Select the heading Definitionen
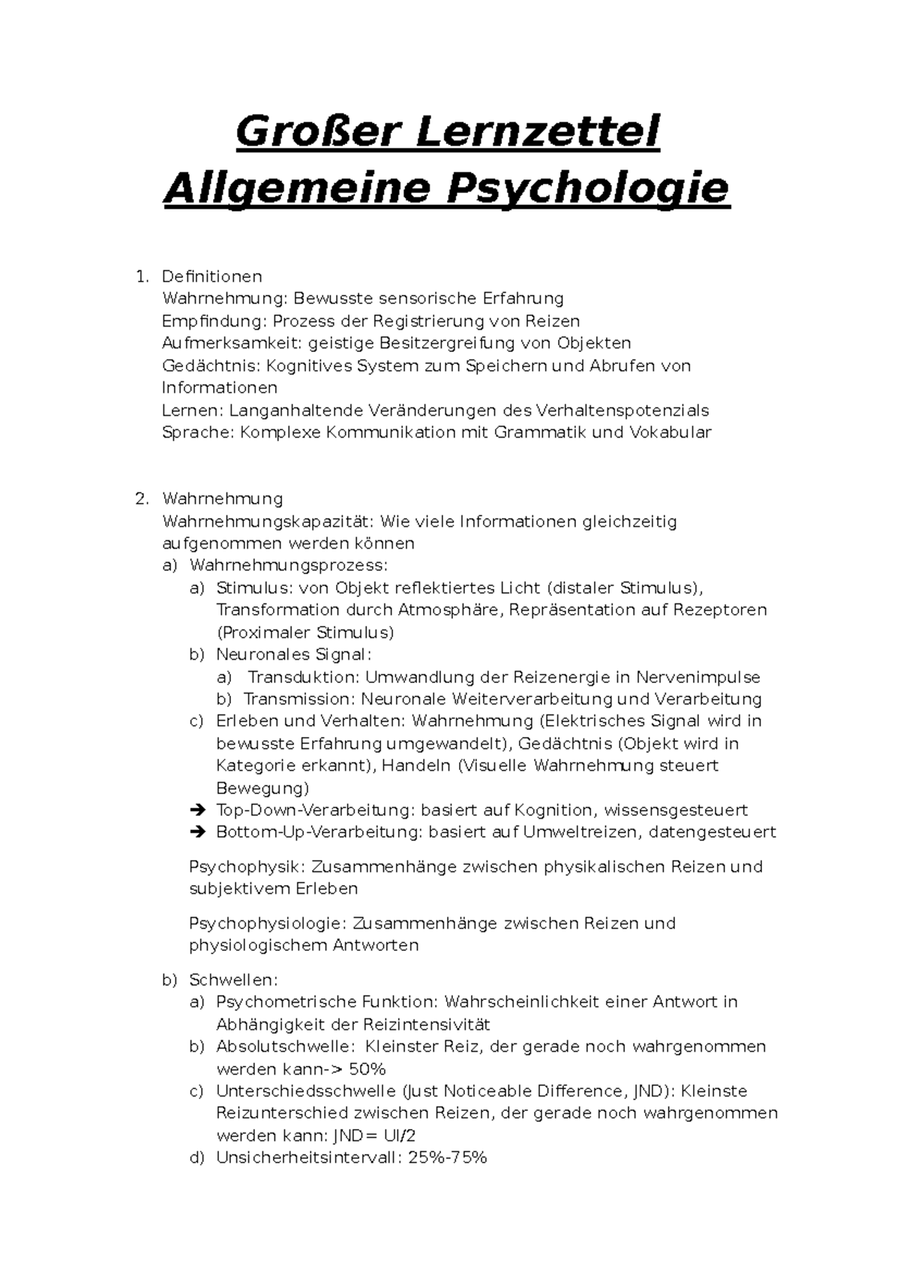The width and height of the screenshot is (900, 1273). [212, 277]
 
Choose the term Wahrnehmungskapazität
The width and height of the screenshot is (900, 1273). [266, 521]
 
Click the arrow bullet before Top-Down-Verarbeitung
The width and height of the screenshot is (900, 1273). [198, 810]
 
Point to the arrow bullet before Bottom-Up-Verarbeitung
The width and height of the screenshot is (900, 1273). [198, 832]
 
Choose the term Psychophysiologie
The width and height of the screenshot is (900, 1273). [268, 923]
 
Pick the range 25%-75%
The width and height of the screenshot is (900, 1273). [448, 1157]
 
